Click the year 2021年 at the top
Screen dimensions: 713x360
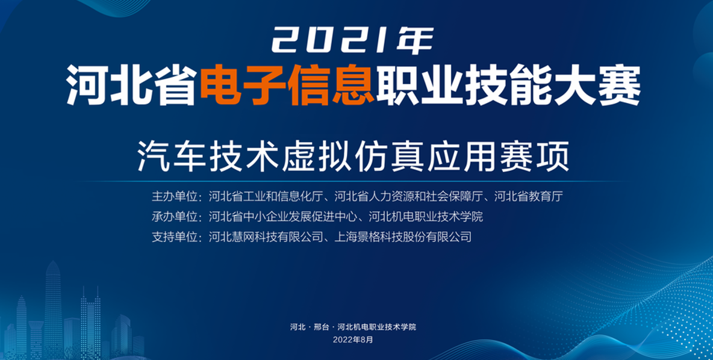352,40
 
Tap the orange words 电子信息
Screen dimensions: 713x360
287,85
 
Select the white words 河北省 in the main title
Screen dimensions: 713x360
132,85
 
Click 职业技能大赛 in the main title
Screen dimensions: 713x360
508,85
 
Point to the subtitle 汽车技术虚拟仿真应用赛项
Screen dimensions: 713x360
353,156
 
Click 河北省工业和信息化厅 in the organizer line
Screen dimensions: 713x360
266,196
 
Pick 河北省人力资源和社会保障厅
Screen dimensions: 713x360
409,196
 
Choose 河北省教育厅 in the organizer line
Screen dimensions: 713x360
528,196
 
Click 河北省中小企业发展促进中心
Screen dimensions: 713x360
283,216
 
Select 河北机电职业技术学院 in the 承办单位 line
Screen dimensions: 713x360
426,216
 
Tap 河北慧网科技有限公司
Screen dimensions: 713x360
266,237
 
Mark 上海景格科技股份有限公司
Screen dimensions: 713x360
403,237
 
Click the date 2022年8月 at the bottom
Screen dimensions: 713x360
353,340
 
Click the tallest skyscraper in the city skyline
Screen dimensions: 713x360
53,309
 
